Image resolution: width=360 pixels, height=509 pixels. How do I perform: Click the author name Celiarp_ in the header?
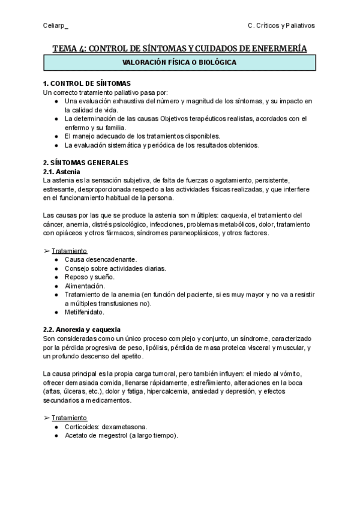coord(56,26)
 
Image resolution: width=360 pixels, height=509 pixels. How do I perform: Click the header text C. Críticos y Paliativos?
coord(281,26)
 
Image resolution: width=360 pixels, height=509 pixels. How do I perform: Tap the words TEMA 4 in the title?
coord(68,48)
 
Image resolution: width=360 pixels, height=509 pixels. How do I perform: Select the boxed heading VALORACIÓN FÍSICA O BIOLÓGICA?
coord(179,62)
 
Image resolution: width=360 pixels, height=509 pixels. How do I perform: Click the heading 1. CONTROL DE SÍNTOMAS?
coord(87,83)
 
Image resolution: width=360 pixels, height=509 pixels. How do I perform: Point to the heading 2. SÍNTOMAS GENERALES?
coord(86,162)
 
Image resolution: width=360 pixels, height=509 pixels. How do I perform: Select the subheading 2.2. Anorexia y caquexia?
coord(82,330)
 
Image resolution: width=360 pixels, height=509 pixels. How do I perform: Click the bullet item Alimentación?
coord(85,286)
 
